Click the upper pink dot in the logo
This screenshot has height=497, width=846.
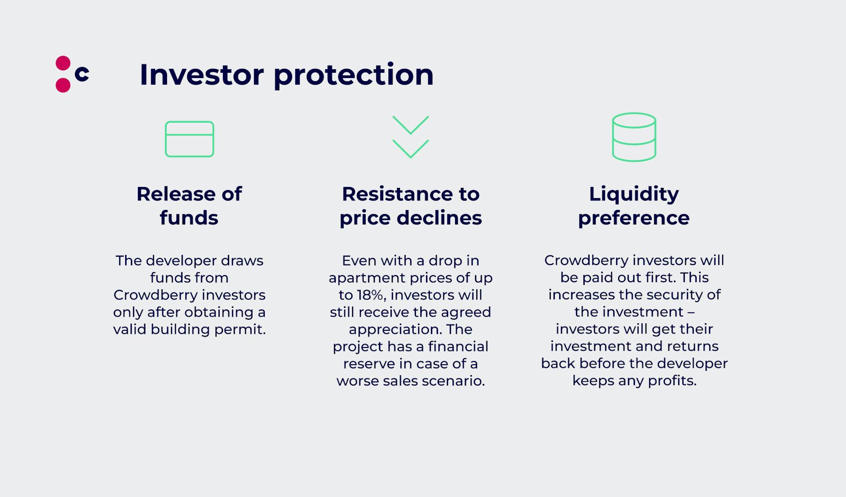point(63,63)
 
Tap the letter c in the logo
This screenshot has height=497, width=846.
point(82,74)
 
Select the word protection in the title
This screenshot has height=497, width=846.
point(353,75)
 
